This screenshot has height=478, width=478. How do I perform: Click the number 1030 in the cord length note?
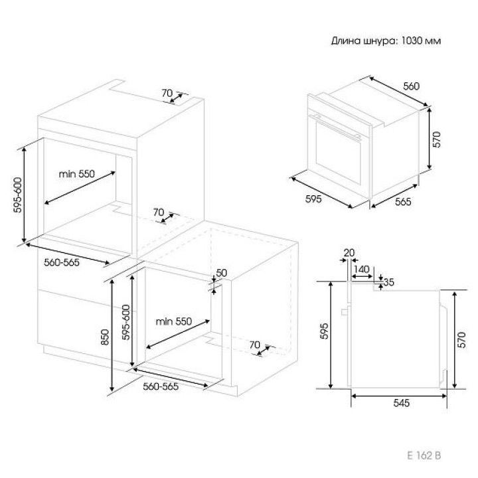click(x=410, y=40)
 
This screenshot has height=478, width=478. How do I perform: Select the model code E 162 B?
click(x=424, y=455)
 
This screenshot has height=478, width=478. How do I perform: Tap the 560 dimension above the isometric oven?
click(x=411, y=86)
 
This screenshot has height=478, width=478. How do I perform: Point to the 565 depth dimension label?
click(x=403, y=202)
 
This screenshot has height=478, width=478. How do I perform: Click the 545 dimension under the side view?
click(x=402, y=403)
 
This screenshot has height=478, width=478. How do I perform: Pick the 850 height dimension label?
click(x=105, y=337)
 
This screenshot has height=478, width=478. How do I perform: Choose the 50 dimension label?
click(x=222, y=273)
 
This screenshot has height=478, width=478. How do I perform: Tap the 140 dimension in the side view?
click(x=362, y=269)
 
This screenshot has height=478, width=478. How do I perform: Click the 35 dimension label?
click(x=388, y=282)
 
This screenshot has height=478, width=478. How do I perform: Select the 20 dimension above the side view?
click(x=349, y=253)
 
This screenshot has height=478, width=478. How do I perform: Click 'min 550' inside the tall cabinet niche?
click(x=77, y=174)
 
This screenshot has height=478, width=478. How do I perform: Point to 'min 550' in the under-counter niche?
click(x=174, y=321)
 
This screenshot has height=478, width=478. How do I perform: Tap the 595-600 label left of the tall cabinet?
click(x=18, y=195)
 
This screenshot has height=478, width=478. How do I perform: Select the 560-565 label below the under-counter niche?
click(x=161, y=386)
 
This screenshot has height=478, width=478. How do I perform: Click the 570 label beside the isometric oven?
click(x=437, y=139)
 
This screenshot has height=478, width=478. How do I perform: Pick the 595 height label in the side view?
click(x=325, y=331)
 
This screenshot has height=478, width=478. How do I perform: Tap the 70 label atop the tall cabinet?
click(x=167, y=93)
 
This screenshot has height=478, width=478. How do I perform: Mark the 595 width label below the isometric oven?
click(x=313, y=199)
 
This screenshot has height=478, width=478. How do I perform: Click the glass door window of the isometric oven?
click(x=339, y=153)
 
